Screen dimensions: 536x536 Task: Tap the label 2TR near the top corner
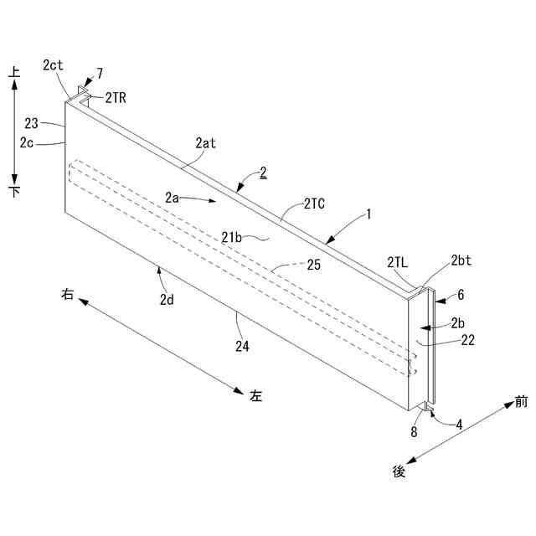point(116,97)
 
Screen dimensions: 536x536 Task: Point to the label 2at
point(205,143)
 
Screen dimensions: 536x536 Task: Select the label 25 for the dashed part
point(314,265)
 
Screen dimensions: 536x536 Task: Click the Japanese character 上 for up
point(13,74)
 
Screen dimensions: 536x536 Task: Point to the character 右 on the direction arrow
point(68,294)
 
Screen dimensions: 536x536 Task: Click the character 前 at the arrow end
point(522,403)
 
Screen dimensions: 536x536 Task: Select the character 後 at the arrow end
point(399,472)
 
